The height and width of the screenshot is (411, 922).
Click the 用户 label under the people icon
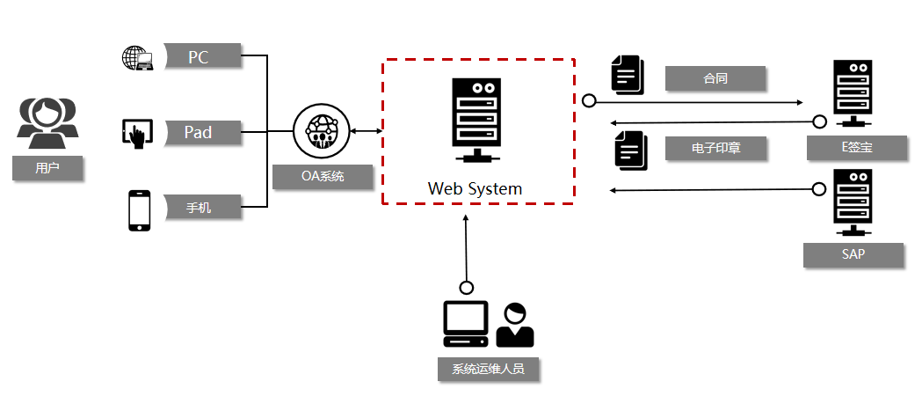[x=47, y=167]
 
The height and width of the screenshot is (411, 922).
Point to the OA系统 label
[x=323, y=176]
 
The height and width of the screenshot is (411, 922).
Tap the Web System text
[x=475, y=188]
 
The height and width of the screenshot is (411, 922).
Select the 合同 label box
[x=715, y=78]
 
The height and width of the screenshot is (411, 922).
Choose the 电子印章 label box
[x=715, y=148]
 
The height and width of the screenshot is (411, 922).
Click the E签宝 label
[x=857, y=147]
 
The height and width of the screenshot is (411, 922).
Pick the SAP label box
[x=853, y=254]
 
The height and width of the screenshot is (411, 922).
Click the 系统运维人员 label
[x=488, y=369]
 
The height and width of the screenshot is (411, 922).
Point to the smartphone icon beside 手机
[x=140, y=210]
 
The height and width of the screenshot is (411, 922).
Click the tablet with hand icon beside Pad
[x=136, y=134]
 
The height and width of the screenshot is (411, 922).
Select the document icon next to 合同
[x=627, y=75]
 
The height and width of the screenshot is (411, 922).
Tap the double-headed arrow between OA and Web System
[x=366, y=131]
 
